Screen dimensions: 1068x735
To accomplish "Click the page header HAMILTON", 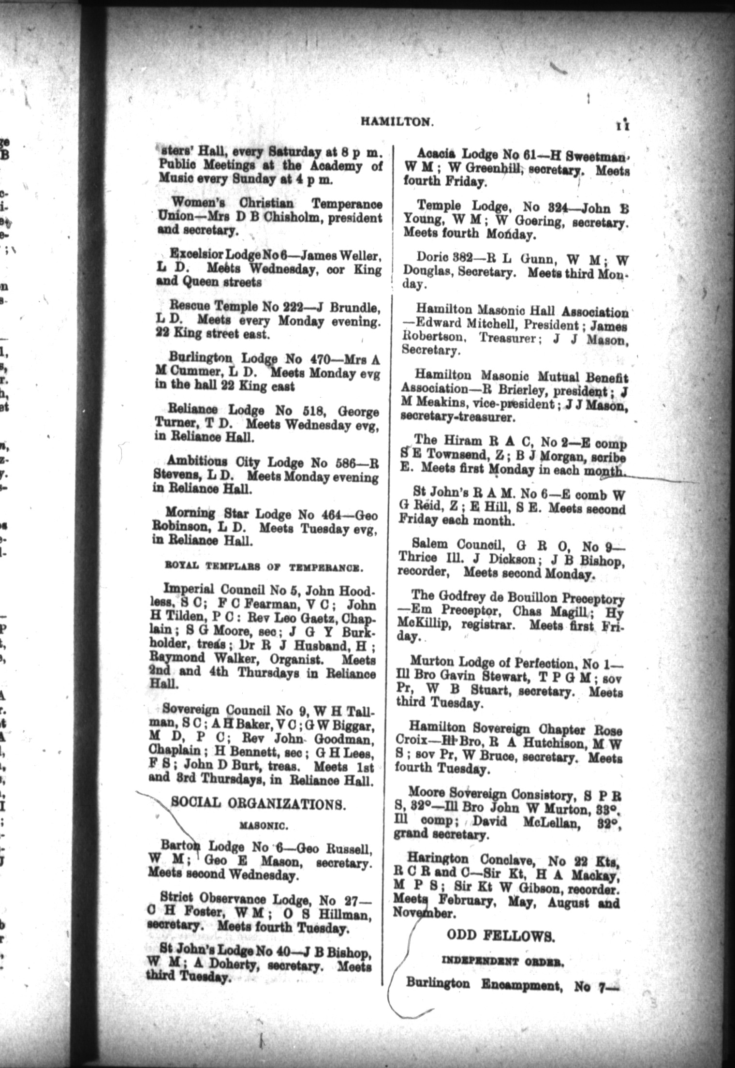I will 396,123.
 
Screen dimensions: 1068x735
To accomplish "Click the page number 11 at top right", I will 624,125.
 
